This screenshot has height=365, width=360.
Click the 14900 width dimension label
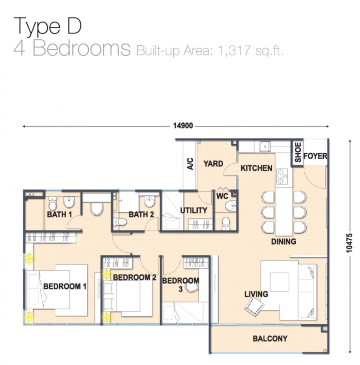pos(183,126)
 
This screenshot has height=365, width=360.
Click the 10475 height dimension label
pos(349,243)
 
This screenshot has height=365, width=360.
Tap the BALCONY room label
pos(270,339)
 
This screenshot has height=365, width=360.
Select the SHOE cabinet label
pos(298,153)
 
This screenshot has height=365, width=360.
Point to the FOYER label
pos(315,156)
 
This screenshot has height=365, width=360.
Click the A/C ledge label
pos(190,164)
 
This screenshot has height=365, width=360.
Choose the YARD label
pos(213,164)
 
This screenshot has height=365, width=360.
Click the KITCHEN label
pos(256,168)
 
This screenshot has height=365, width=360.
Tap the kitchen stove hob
pos(282,176)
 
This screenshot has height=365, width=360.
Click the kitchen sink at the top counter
pos(265,146)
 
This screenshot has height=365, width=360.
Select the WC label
pos(222,196)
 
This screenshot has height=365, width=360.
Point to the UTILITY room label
pos(194,210)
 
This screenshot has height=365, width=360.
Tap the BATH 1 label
pos(59,214)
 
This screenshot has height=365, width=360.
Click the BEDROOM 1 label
pos(65,286)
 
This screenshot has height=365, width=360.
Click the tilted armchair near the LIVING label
pos(254,307)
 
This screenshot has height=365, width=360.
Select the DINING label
pos(284,242)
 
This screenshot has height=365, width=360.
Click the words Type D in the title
pos(48,26)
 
